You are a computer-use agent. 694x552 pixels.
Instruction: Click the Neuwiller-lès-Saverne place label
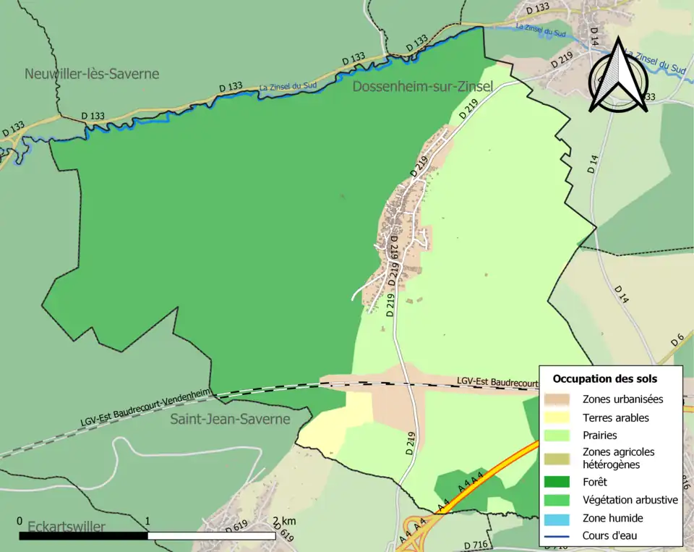point(92,74)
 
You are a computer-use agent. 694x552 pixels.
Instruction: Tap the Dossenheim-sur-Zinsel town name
point(423,87)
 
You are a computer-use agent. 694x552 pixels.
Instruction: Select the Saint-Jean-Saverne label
point(230,419)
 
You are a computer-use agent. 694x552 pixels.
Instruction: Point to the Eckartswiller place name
point(66,527)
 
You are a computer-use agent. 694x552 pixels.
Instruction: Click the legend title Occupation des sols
point(604,378)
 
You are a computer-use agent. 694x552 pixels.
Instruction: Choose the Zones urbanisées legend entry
point(622,399)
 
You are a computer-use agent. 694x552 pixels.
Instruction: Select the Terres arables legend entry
point(615,417)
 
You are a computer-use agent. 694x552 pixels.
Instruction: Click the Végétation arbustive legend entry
point(629,499)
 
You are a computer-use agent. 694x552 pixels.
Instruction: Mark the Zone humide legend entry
point(612,518)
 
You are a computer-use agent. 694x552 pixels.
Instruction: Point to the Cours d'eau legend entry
point(610,536)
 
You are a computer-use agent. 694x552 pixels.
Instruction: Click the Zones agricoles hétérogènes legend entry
point(617,458)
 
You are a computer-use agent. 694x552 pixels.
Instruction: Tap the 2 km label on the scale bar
point(284,522)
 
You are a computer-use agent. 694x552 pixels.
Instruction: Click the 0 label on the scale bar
point(20,522)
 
